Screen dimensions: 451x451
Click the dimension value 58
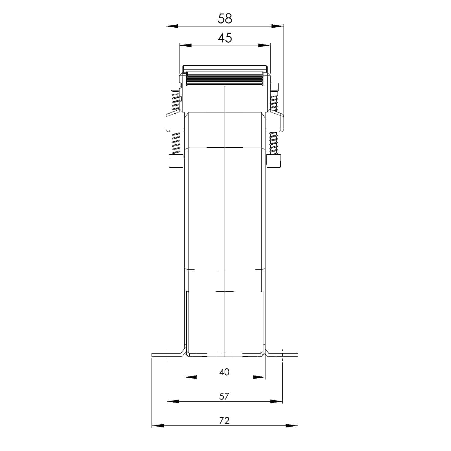[225, 19]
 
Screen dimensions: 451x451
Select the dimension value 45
[225, 38]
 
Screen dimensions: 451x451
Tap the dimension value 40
[224, 372]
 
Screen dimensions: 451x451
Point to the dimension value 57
[224, 396]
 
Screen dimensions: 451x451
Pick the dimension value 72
[224, 420]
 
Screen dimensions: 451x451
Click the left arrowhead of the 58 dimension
[172, 26]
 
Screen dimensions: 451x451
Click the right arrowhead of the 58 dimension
[278, 26]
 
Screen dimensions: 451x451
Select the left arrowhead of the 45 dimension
[185, 45]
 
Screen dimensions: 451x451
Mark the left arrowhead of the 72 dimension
[158, 426]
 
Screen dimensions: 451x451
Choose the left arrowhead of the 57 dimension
[173, 401]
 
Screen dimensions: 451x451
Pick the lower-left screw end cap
[176, 161]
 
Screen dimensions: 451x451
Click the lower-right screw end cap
[274, 161]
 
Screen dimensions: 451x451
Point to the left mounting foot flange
[167, 355]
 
